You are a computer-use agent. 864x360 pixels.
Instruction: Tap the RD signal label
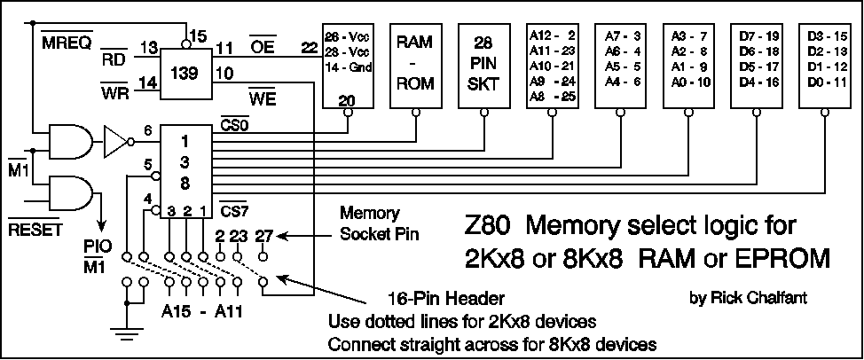[113, 60]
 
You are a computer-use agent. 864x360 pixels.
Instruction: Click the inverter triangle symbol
[116, 139]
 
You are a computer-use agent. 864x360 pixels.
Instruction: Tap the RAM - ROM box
[414, 63]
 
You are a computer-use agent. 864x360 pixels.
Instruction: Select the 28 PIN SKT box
[483, 63]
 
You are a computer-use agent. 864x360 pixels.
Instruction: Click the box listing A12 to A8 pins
[551, 63]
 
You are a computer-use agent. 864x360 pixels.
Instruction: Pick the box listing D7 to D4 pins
[758, 63]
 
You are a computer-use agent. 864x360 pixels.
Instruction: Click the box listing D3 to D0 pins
[827, 63]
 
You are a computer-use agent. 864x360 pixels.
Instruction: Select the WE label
[262, 97]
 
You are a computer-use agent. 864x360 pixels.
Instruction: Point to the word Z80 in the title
[491, 226]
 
